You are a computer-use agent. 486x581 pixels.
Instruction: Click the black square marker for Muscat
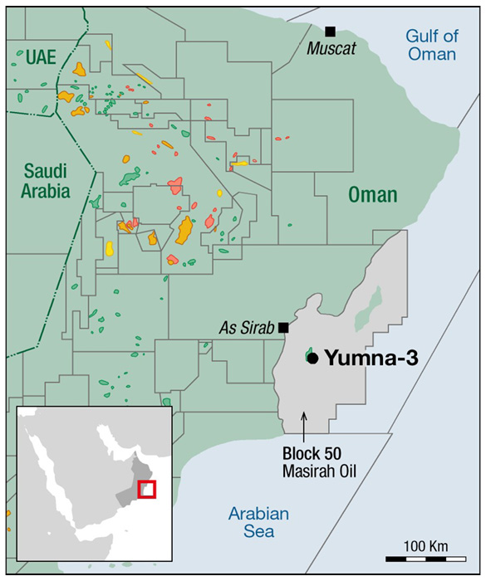(330, 32)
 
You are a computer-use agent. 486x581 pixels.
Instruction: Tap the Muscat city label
(331, 49)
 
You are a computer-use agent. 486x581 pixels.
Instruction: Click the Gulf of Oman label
(431, 45)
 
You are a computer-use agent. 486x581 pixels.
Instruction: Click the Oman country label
(372, 195)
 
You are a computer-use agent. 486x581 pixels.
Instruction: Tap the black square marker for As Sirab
(284, 328)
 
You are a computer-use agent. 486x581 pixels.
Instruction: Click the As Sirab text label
(246, 329)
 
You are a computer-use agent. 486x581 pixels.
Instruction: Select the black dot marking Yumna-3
(312, 358)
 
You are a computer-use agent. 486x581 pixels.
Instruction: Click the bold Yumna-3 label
(370, 358)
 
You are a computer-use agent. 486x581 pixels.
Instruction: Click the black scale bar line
(425, 559)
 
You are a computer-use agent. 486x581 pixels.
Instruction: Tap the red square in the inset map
(146, 490)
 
